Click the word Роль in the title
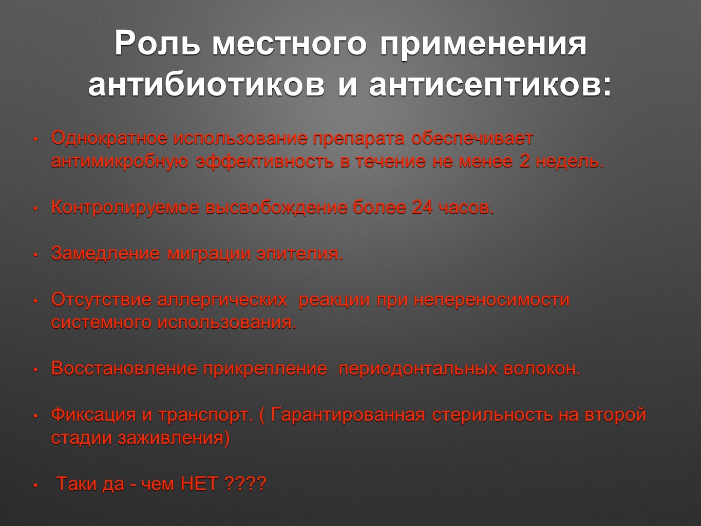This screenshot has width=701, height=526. (x=158, y=44)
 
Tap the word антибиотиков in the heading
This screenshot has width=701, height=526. (x=206, y=85)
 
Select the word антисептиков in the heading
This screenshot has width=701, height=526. (x=490, y=85)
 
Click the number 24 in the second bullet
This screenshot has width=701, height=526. (x=422, y=208)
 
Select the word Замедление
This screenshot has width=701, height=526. (x=105, y=254)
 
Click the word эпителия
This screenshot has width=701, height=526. (x=299, y=254)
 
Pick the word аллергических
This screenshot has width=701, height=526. (x=222, y=300)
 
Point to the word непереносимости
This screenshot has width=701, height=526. (x=491, y=300)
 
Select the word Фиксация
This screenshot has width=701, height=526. (x=93, y=415)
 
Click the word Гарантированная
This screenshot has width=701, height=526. (x=348, y=415)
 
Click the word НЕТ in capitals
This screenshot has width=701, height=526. (x=199, y=484)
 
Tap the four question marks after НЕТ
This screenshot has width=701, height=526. (x=245, y=484)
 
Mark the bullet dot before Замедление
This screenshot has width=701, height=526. (x=36, y=255)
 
